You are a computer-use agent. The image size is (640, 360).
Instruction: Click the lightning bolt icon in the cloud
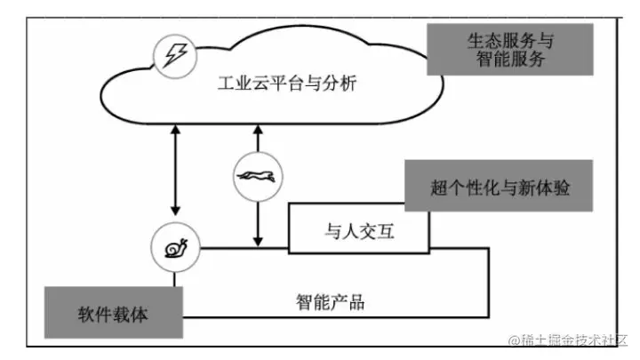[x=172, y=55]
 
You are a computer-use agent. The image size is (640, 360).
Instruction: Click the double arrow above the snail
[x=174, y=169]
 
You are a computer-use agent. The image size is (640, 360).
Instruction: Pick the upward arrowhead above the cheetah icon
[x=257, y=131]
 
